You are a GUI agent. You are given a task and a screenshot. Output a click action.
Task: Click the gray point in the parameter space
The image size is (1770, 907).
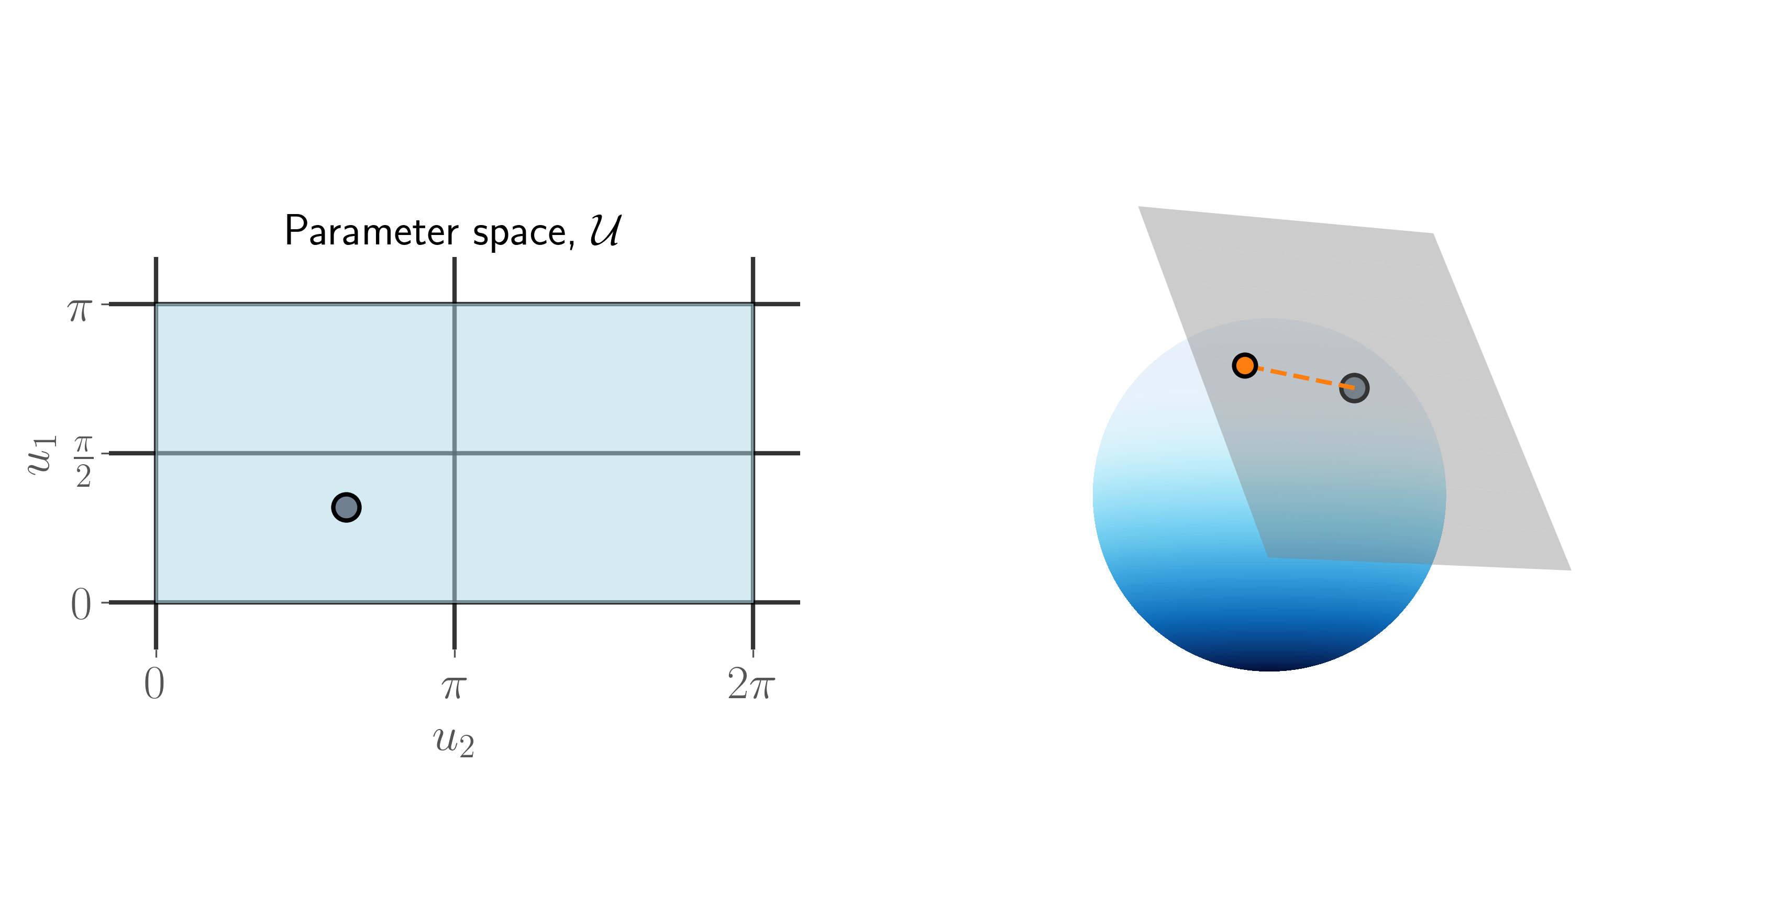[x=346, y=507]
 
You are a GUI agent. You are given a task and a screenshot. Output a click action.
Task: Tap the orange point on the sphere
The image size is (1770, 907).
[x=1245, y=365]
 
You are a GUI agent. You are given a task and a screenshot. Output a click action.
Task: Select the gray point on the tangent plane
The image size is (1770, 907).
[x=1354, y=388]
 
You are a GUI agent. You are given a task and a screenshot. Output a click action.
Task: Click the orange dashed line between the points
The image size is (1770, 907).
[x=1299, y=376]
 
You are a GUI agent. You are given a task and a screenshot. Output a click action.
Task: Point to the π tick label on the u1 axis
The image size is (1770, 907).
[x=80, y=310]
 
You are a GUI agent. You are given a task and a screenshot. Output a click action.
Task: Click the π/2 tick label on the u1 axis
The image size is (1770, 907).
[x=83, y=462]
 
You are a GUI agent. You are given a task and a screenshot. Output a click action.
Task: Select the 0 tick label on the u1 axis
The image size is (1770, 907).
[x=81, y=605]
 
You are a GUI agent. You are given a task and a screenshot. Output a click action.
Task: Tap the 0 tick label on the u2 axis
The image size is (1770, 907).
[x=154, y=684]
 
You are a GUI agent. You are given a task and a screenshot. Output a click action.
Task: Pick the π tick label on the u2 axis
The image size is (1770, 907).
[x=454, y=687]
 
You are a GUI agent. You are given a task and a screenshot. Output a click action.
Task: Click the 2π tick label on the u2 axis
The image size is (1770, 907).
[x=751, y=684]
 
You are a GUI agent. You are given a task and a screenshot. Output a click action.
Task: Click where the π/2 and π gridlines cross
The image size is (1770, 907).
[x=454, y=453]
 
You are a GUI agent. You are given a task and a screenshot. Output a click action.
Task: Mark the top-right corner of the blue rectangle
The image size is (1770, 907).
[x=753, y=304]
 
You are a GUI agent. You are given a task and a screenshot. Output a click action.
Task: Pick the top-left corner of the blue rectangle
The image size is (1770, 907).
[x=156, y=304]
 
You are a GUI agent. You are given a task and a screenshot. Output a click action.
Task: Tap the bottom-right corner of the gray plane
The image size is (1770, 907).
[x=1570, y=570]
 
